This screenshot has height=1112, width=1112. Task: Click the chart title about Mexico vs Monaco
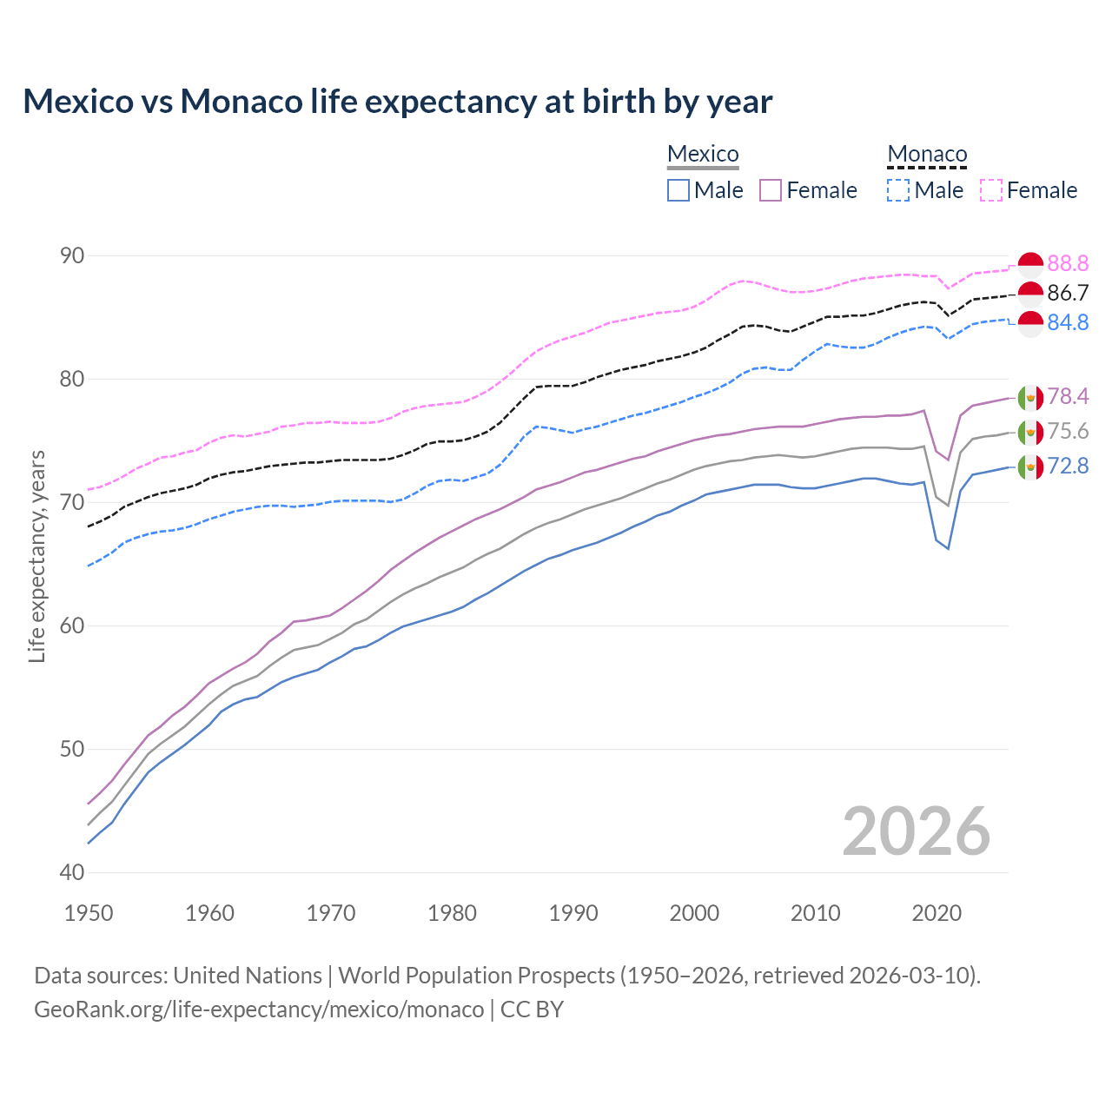point(397,102)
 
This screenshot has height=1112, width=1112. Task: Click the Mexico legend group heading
point(703,154)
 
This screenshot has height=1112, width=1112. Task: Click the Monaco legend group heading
point(927,154)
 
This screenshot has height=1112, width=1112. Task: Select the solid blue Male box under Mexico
point(678,190)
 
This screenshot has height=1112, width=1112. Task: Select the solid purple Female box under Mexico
point(771,190)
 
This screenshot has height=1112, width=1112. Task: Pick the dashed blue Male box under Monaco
point(899,190)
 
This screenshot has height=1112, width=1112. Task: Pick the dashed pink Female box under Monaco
point(991,190)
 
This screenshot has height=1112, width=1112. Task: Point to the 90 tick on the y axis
point(72,255)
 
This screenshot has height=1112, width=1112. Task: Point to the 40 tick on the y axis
point(72,872)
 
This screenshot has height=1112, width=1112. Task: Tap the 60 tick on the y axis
point(72,625)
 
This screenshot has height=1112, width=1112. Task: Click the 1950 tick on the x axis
point(89,913)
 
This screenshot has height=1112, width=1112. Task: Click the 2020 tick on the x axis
point(936,913)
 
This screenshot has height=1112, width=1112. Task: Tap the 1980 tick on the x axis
point(452,913)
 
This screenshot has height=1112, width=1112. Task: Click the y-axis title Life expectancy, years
point(37,556)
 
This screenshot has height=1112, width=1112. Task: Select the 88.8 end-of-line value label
point(1068,263)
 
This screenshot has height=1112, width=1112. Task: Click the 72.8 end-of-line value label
point(1068,467)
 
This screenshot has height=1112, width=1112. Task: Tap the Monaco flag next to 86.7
point(1030,294)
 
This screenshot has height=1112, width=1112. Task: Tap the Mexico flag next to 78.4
point(1030,397)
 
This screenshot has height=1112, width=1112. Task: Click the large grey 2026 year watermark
point(916,831)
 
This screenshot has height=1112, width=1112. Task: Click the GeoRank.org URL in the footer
point(259,1009)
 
